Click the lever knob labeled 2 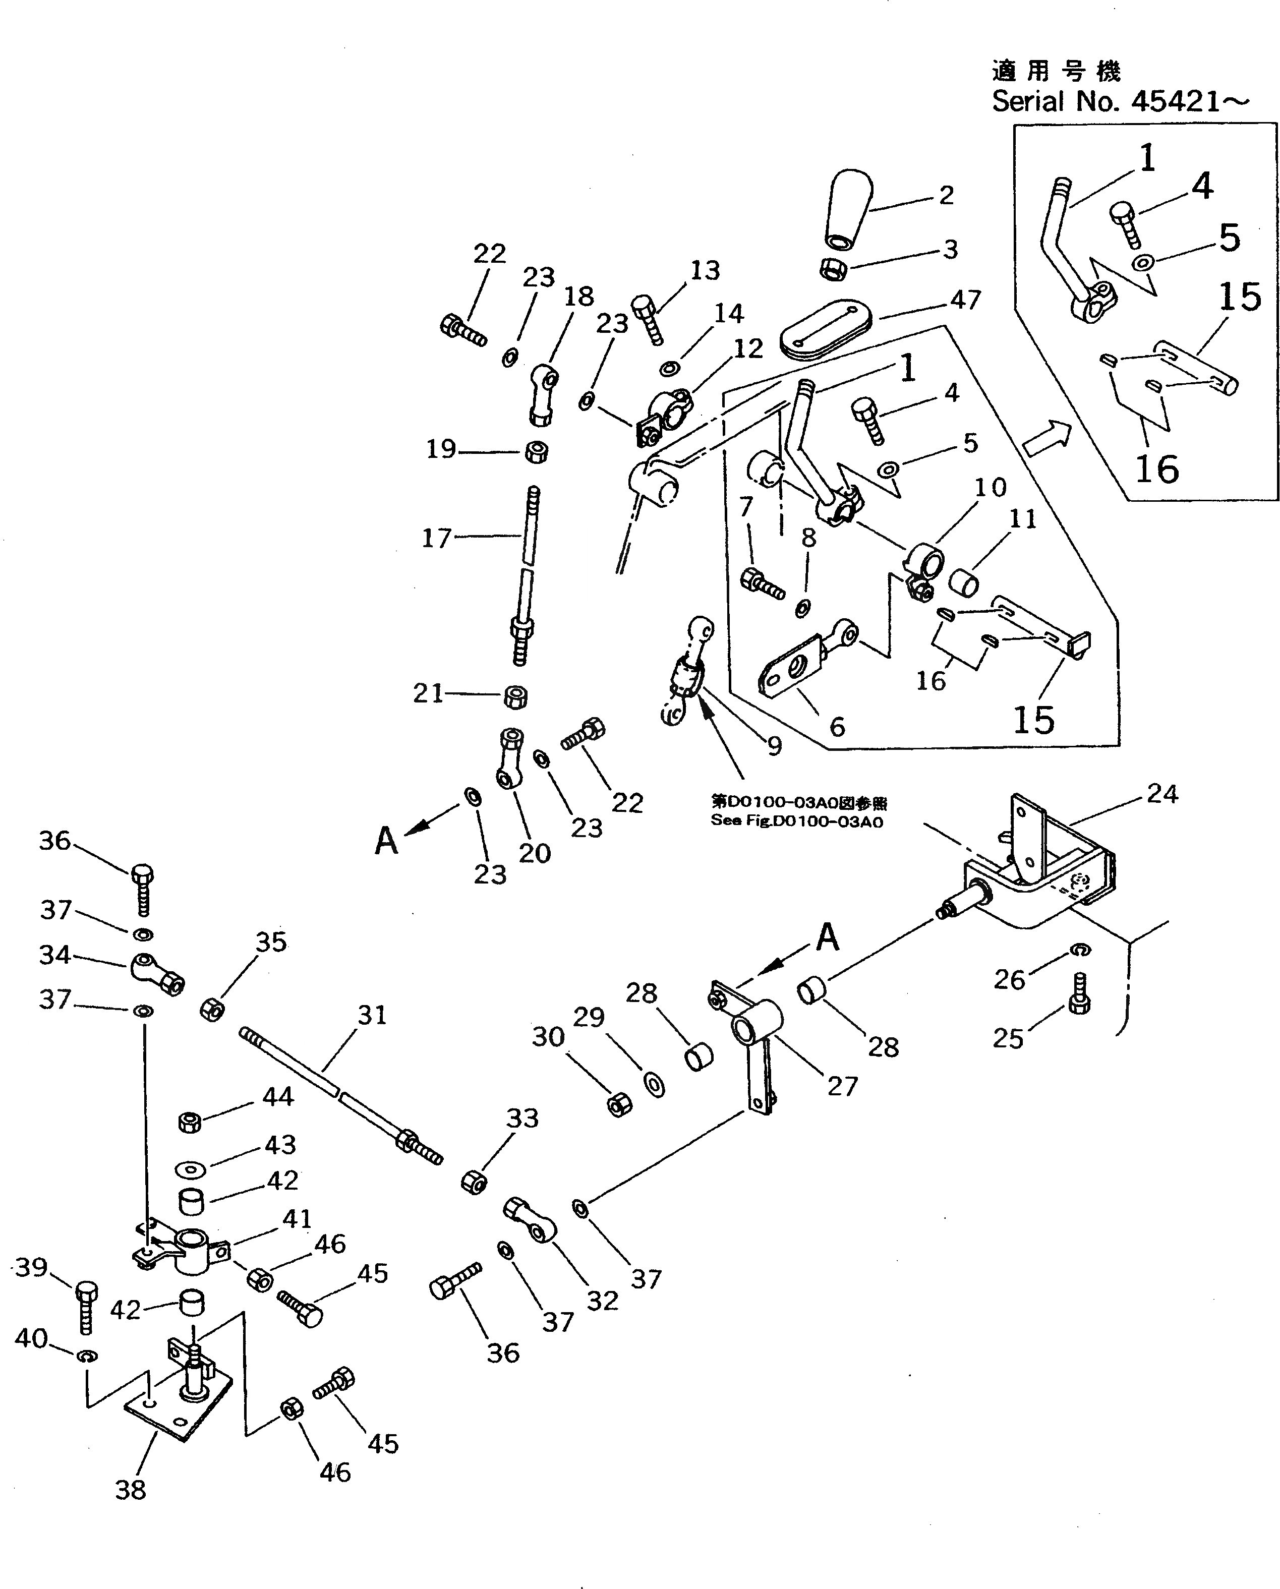pyautogui.click(x=847, y=211)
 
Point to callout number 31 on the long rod pyautogui.click(x=372, y=1015)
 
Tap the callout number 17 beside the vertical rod pyautogui.click(x=436, y=538)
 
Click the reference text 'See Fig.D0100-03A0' pyautogui.click(x=796, y=821)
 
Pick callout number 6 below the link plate pyautogui.click(x=837, y=727)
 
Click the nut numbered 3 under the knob pyautogui.click(x=833, y=269)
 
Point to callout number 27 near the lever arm pyautogui.click(x=843, y=1086)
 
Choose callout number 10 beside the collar pyautogui.click(x=990, y=488)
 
